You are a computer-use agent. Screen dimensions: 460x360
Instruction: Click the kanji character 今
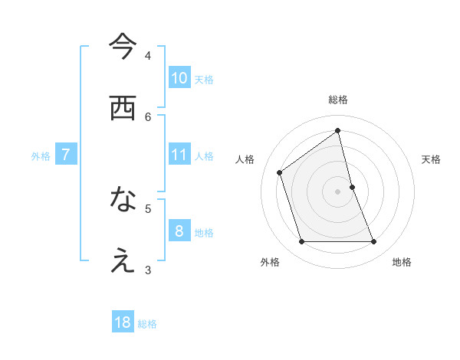[123, 47]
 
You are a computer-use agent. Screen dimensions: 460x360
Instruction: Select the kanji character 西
[123, 109]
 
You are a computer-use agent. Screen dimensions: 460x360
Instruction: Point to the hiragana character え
[123, 261]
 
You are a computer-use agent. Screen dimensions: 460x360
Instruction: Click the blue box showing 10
[179, 77]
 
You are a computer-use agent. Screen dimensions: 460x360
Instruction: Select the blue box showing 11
[179, 155]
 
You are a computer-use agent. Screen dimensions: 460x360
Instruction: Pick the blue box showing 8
[179, 231]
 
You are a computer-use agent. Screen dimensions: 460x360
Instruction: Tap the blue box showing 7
[66, 155]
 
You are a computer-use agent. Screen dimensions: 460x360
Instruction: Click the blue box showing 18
[123, 322]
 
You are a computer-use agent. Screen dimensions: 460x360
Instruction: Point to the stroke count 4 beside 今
[148, 56]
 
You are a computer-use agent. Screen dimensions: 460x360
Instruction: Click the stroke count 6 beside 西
[148, 116]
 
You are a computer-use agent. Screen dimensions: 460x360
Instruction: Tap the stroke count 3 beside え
[148, 270]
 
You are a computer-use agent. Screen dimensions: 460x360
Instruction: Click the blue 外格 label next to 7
[41, 156]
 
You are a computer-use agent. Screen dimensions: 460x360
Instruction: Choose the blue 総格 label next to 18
[147, 324]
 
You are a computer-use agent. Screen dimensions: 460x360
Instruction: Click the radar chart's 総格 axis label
[338, 100]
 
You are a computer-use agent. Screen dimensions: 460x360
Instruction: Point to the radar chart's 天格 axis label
[432, 159]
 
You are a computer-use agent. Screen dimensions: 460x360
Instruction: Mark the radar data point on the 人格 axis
[280, 172]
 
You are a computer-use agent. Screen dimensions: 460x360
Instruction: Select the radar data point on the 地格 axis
[374, 242]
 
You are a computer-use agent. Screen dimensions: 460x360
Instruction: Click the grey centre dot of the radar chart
[338, 191]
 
